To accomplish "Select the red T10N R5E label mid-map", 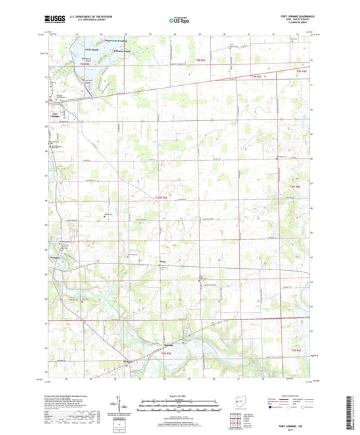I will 164,197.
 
